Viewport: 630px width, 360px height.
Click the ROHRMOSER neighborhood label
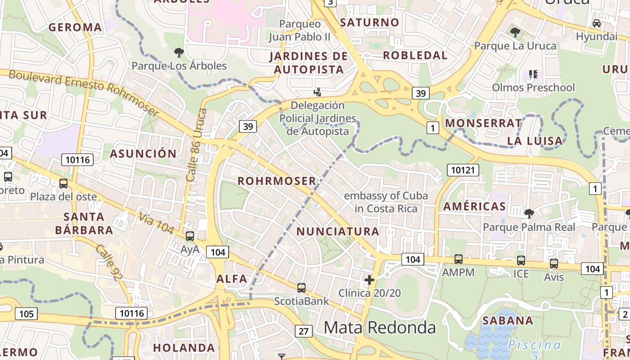point(277,181)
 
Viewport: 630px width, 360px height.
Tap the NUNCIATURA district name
point(338,231)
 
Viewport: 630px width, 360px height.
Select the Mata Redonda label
point(380,328)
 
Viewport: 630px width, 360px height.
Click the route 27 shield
point(304,332)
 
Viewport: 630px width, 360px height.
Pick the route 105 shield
point(26,313)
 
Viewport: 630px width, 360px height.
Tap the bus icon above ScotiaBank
point(301,288)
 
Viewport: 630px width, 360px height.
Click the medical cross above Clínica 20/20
point(369,280)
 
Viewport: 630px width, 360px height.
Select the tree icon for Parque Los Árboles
point(179,53)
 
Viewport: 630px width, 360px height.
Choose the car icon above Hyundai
point(597,23)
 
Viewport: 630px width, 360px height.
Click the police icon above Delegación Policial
point(318,92)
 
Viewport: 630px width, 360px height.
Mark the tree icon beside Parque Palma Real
point(529,213)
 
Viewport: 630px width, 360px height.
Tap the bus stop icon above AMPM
point(458,259)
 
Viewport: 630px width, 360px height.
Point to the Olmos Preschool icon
point(533,74)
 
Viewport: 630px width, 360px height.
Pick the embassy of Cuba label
point(386,202)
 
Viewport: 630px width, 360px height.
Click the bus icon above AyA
point(190,236)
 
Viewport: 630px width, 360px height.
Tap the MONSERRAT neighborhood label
point(483,123)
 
